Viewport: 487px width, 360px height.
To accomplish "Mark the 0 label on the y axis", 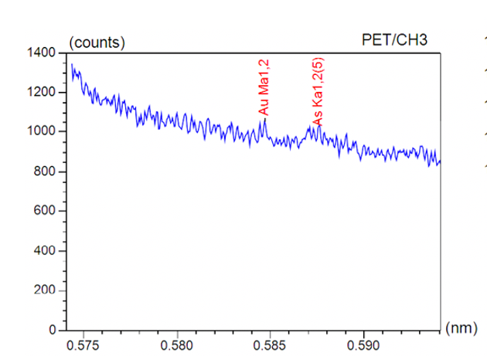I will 49,331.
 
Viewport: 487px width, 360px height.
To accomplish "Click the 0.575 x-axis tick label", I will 83,345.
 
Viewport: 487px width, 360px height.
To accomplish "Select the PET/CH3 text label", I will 393,40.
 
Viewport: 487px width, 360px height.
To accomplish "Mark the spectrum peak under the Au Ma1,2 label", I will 264,120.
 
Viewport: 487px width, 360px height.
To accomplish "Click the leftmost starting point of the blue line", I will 72,65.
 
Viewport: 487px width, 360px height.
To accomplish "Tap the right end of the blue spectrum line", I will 440,162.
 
